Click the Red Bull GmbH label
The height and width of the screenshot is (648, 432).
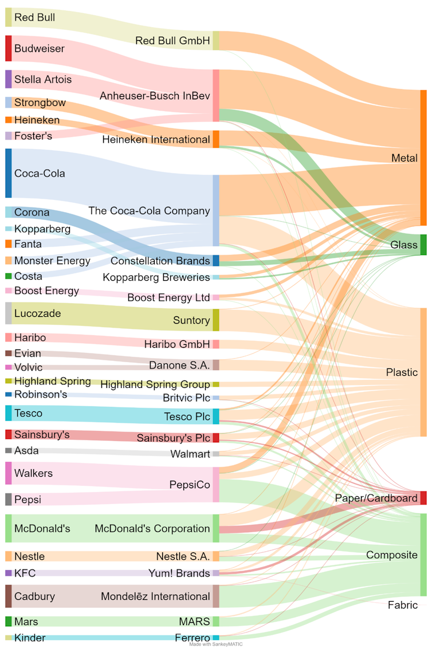click(x=172, y=41)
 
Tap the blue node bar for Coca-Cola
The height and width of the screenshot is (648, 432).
click(x=9, y=173)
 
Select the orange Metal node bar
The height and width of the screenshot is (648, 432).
click(x=423, y=158)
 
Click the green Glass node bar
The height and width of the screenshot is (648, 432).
click(x=423, y=245)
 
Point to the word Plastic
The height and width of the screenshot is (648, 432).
click(x=402, y=372)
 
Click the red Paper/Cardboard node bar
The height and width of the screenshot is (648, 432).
click(x=423, y=498)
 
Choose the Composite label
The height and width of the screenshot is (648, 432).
click(x=392, y=555)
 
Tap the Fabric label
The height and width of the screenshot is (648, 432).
click(x=403, y=605)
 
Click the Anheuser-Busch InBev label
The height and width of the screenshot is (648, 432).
click(x=155, y=96)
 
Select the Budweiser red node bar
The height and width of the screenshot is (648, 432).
click(x=9, y=48)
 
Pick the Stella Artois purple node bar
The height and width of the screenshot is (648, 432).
click(x=9, y=79)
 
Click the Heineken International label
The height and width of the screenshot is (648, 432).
click(x=156, y=139)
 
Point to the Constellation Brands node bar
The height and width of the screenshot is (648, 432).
click(x=216, y=261)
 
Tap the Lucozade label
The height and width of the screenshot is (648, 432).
click(x=37, y=313)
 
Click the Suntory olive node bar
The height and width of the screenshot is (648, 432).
click(x=216, y=320)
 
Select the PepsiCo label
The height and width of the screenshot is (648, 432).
click(x=190, y=485)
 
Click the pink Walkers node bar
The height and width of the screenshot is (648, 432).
click(x=9, y=473)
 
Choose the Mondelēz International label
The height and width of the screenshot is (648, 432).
click(x=155, y=596)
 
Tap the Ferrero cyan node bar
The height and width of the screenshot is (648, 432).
click(x=216, y=638)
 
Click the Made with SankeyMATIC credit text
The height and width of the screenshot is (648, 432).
click(x=216, y=645)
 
